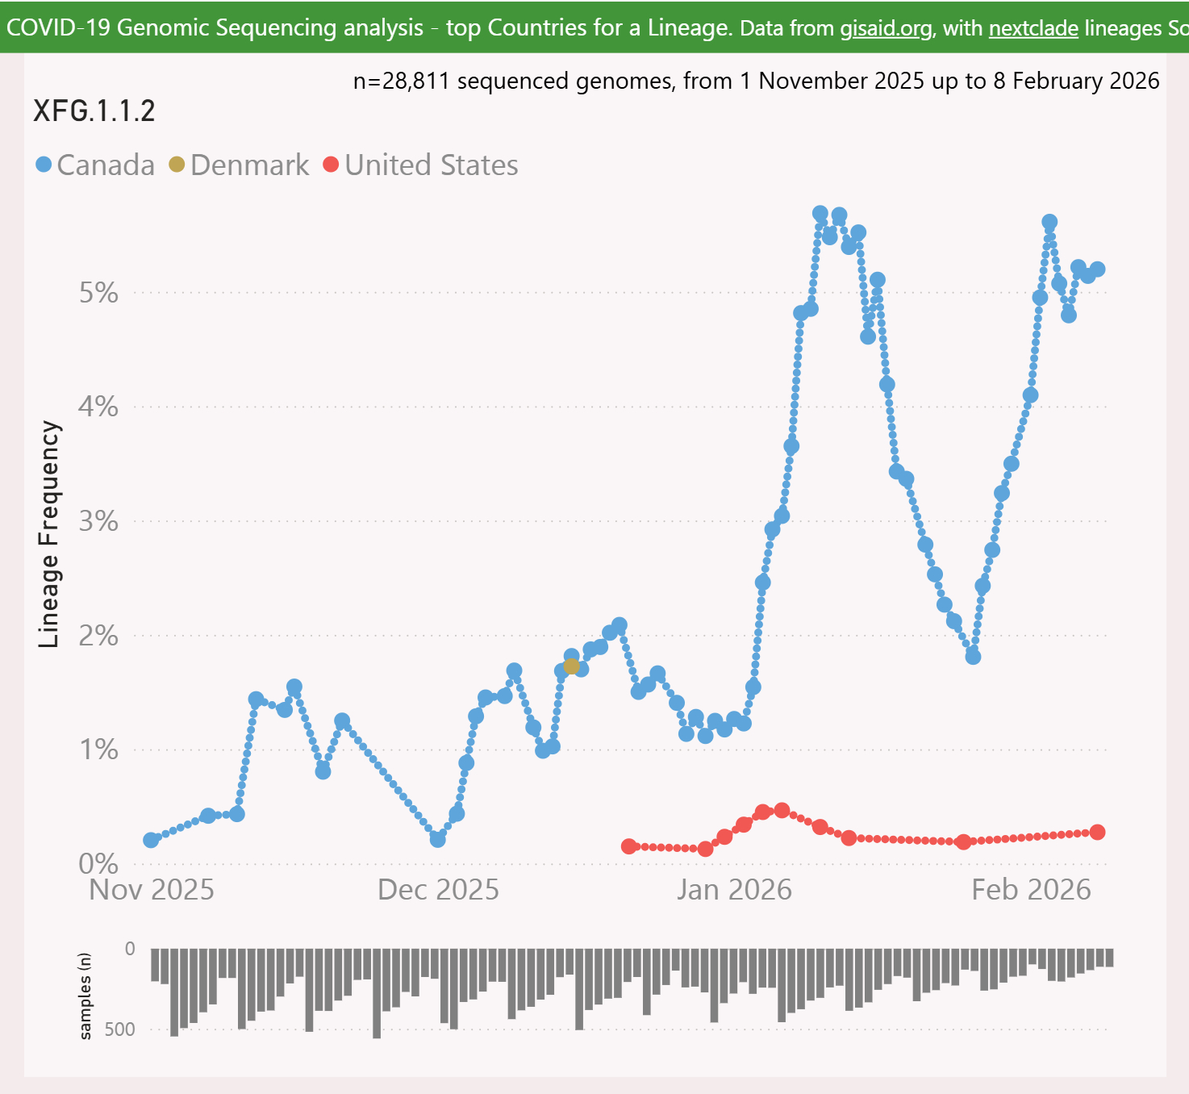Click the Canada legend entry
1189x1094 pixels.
95,165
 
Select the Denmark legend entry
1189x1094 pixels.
239,165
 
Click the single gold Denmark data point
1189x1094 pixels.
572,666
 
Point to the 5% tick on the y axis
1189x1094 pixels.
98,293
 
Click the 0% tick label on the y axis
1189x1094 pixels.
98,864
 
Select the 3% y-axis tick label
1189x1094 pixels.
98,521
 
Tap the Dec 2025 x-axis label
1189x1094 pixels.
438,890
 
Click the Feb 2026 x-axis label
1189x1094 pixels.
1031,890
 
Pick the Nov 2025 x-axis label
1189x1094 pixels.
152,890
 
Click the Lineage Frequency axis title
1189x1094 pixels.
49,534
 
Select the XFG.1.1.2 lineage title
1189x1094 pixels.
94,111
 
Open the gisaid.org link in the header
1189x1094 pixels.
886,28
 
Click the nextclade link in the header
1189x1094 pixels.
1033,28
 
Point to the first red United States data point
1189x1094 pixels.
629,846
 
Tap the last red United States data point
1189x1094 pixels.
1097,833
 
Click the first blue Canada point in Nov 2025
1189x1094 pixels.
151,840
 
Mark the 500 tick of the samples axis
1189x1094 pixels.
119,1029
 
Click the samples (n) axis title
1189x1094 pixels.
86,996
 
